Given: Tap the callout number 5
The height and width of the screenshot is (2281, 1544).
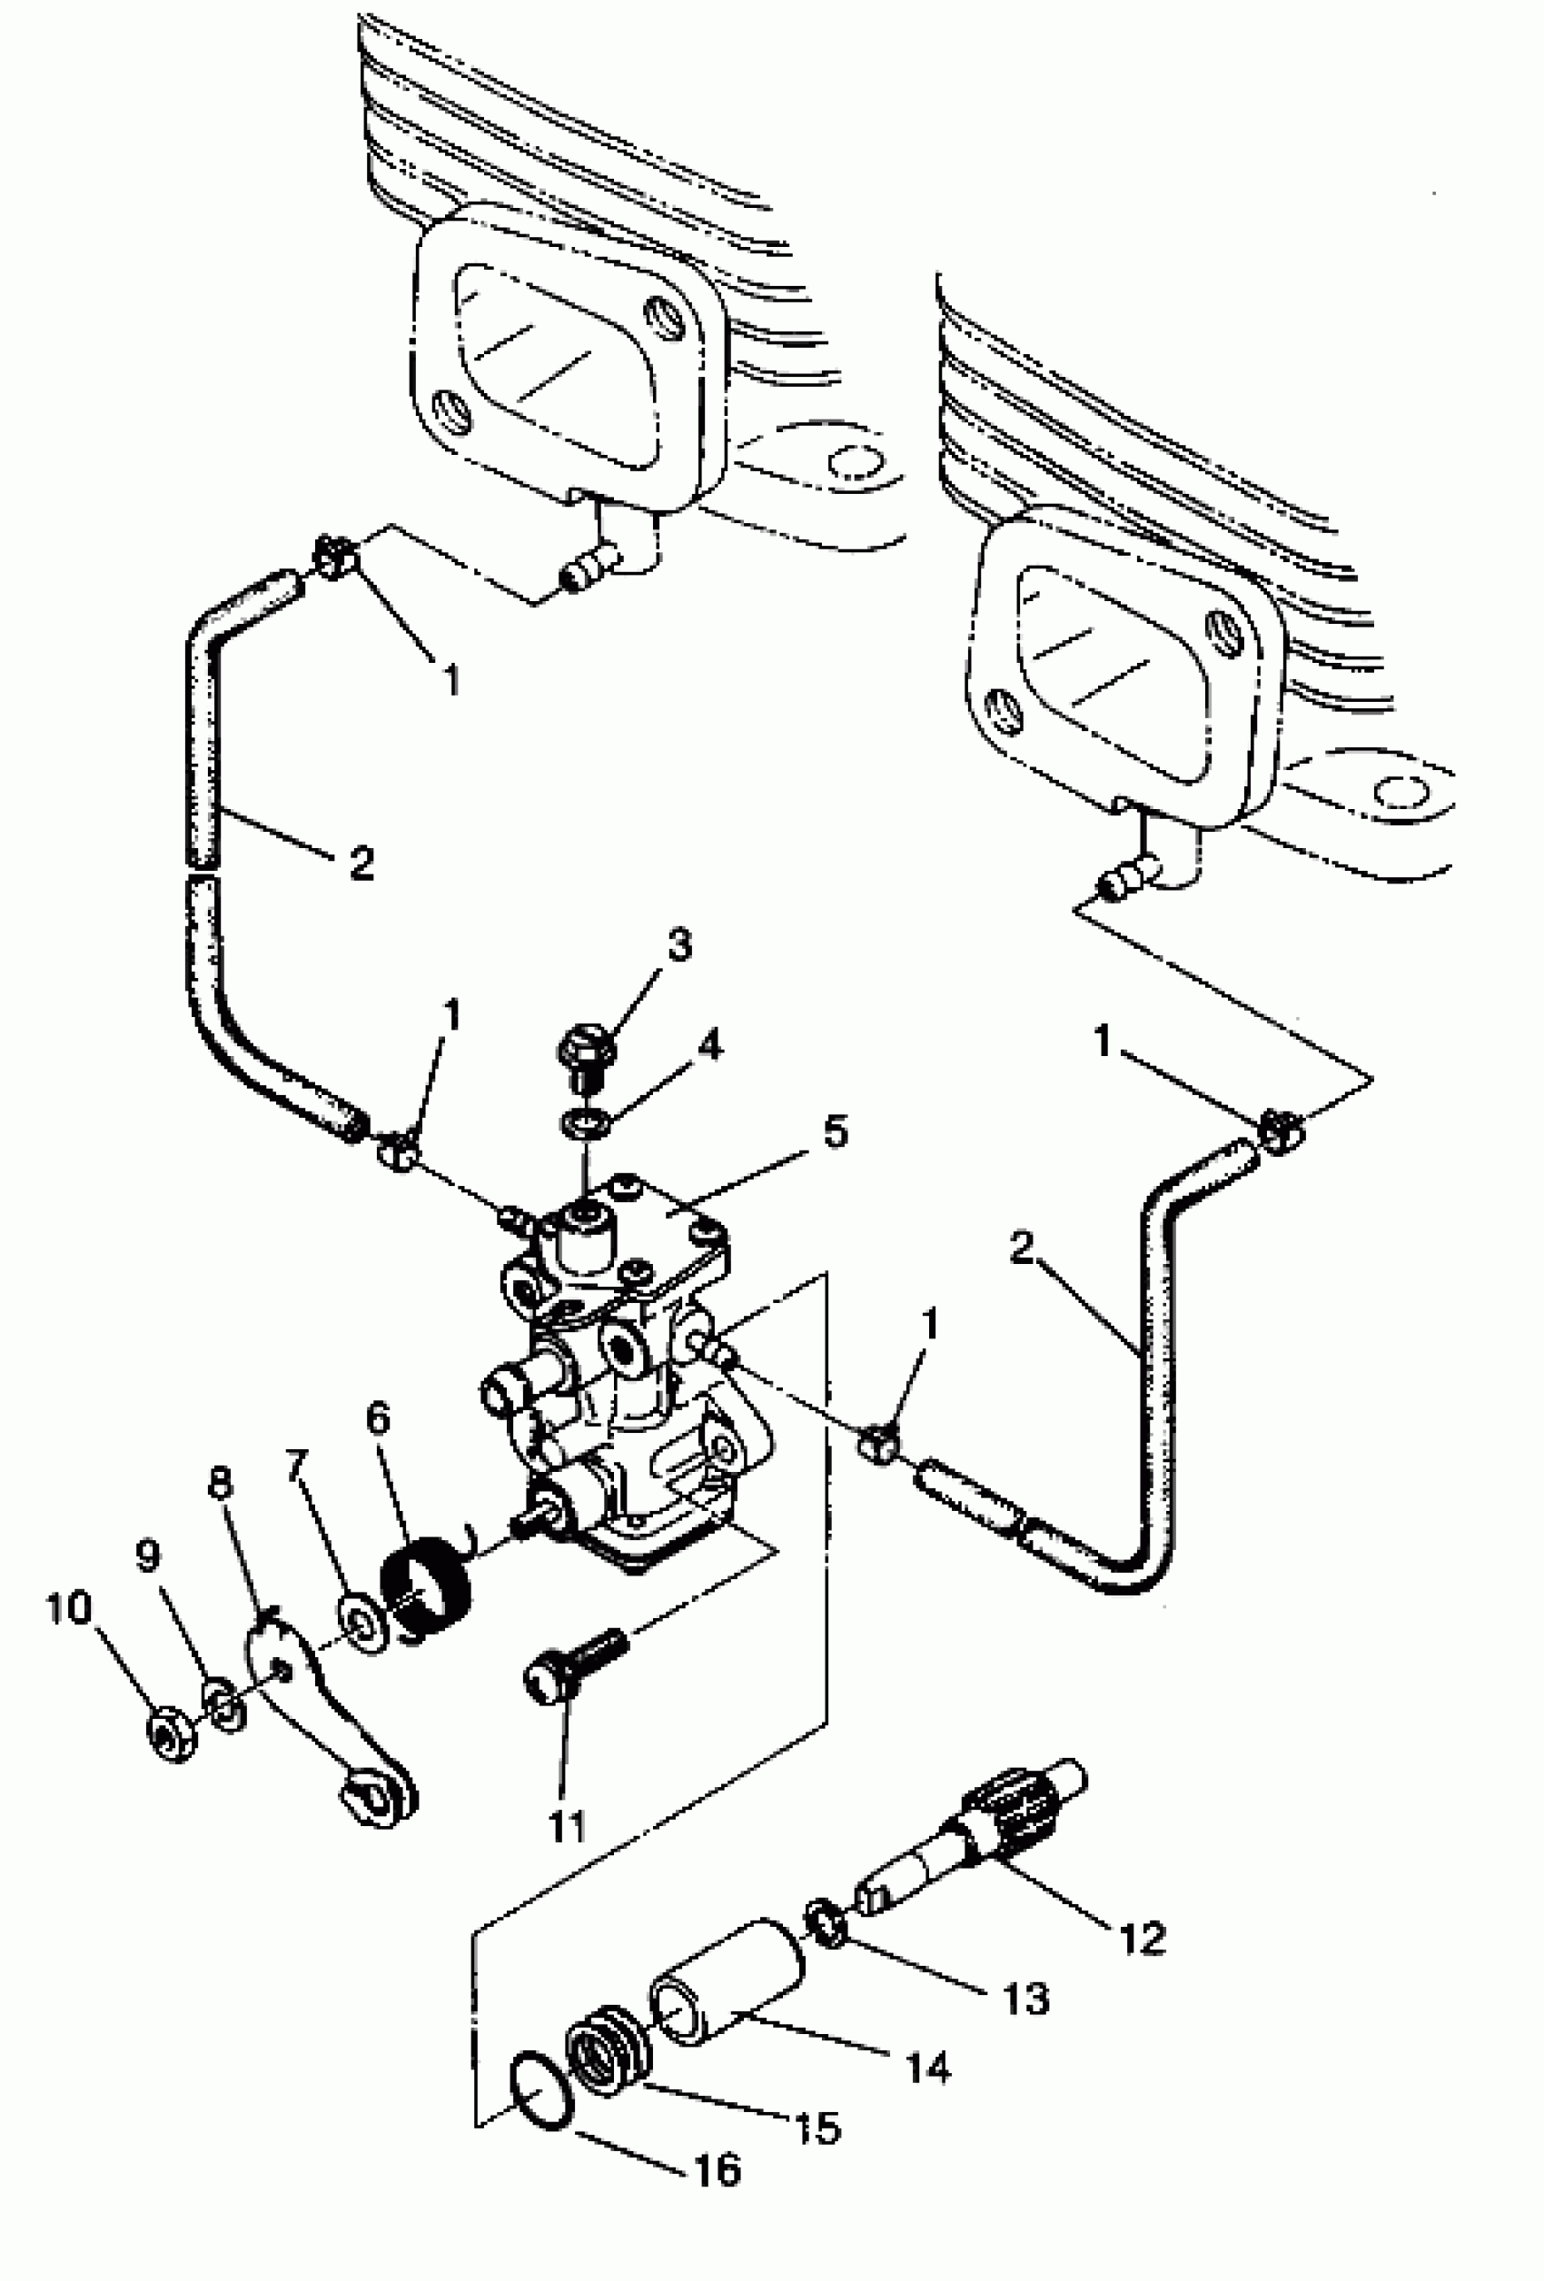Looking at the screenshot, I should pos(835,1131).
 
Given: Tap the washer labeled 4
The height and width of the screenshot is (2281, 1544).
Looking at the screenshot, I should pos(585,1121).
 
